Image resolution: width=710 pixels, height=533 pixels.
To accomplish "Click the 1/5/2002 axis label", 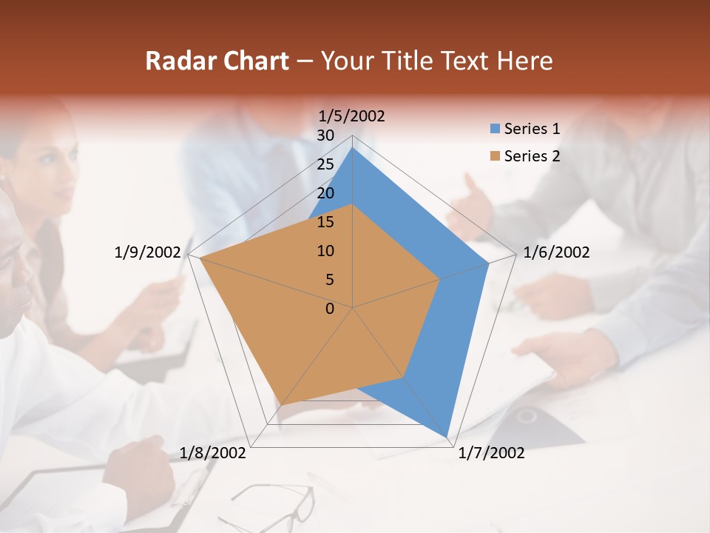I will point(351,115).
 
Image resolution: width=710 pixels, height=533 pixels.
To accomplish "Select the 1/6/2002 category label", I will point(556,252).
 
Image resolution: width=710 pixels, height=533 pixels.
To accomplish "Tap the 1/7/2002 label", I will point(491,453).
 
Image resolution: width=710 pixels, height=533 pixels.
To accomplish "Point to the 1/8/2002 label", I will point(213,453).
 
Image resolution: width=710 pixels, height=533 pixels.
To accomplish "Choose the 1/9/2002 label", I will point(147,252).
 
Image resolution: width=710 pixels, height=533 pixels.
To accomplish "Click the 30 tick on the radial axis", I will point(325,135).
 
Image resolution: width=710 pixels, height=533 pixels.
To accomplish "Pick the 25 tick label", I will point(325,164).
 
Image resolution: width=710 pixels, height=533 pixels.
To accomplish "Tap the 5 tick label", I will point(329,280).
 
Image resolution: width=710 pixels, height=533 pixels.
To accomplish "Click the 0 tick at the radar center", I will point(330,309).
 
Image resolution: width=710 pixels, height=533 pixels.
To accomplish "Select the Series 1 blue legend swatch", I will point(496,130).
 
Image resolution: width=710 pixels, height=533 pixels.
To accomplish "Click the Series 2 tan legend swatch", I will point(496,156).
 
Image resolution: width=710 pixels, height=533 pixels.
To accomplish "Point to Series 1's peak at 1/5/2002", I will point(353,148).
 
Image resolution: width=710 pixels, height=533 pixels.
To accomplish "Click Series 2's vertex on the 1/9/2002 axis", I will point(200,259).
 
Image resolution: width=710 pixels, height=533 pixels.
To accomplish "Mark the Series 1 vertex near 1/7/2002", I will point(447,436).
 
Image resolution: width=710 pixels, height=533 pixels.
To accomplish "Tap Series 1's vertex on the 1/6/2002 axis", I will point(488,264).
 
